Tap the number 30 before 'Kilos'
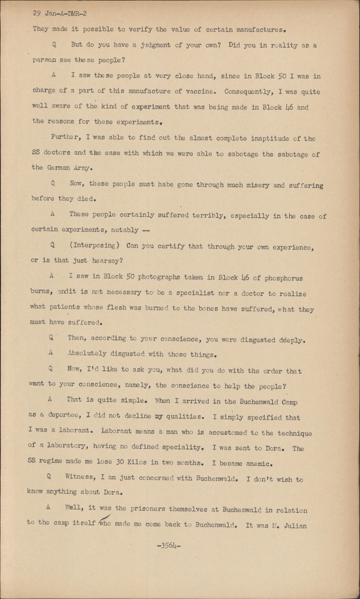121,462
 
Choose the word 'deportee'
63,415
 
